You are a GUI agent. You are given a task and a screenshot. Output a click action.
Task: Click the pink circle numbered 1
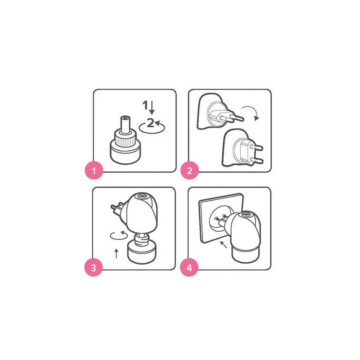[94, 170]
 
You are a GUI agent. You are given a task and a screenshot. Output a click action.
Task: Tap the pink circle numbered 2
[189, 170]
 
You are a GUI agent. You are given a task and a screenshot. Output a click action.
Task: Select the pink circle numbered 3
[94, 267]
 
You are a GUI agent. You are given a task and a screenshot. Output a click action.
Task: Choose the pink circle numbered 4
[189, 267]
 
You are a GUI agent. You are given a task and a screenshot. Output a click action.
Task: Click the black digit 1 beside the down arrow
[145, 105]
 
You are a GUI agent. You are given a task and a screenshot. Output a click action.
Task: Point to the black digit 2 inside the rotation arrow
[150, 122]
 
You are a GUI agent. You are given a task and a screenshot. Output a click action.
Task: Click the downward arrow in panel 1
[152, 108]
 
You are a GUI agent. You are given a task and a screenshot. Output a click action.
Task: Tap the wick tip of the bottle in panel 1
[126, 118]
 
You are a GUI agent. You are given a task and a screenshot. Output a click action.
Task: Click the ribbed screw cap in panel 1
[126, 139]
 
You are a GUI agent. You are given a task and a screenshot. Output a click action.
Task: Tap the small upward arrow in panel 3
[117, 253]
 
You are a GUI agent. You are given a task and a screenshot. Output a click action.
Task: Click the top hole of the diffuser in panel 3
[142, 196]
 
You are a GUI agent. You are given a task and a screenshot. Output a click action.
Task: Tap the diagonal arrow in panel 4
[224, 244]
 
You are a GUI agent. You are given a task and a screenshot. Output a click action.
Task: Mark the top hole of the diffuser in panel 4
[246, 215]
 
